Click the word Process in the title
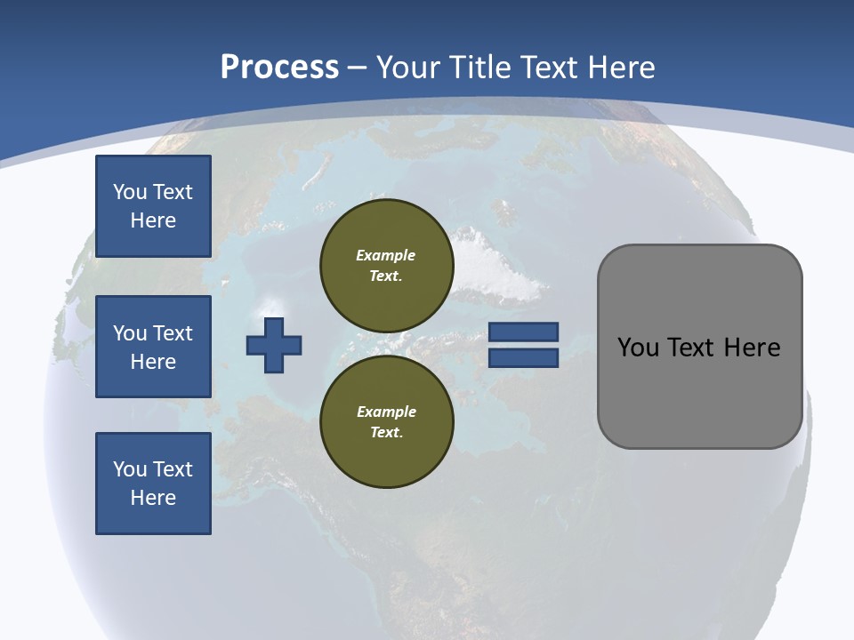tap(279, 68)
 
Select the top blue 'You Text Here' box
tap(153, 206)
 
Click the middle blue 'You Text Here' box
tap(153, 347)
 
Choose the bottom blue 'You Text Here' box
tap(153, 484)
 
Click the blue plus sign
tap(274, 345)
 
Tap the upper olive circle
tap(387, 266)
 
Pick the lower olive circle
tap(387, 422)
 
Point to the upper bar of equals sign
tap(524, 332)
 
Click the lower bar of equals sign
tap(524, 358)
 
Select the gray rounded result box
tap(699, 347)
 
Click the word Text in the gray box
tap(690, 348)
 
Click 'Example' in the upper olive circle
tap(386, 255)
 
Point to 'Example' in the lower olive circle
tap(386, 412)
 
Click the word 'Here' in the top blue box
tap(153, 220)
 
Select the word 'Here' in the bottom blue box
tap(153, 498)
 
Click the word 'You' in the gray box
tap(638, 348)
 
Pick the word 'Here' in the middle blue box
tap(153, 362)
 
